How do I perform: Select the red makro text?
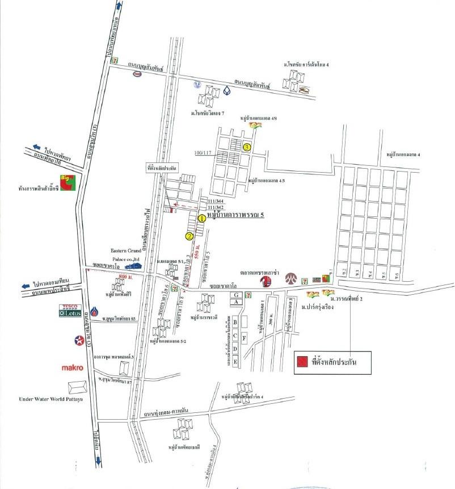point(73,367)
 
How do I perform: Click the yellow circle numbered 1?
point(201,218)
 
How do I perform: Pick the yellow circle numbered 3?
point(247,147)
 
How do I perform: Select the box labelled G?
point(234,295)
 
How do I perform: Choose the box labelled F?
point(245,338)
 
